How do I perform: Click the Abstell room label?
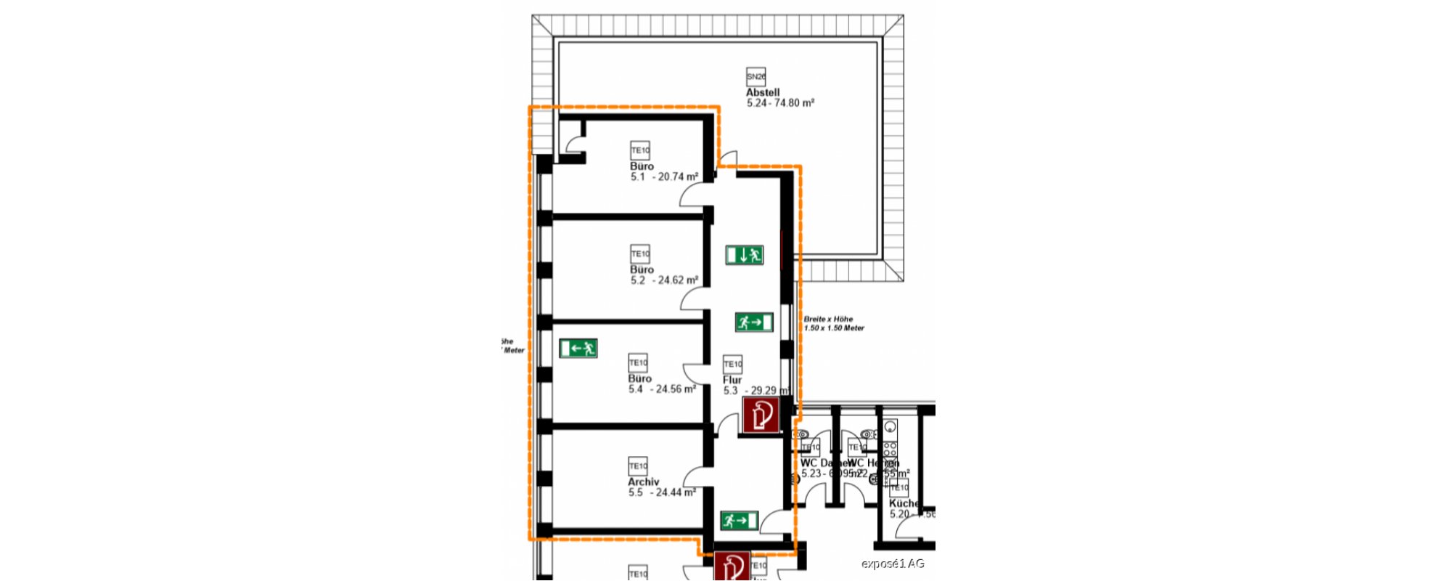point(763,93)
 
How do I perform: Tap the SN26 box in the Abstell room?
point(756,76)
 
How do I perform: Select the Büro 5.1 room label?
point(642,166)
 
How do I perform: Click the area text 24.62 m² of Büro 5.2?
point(678,280)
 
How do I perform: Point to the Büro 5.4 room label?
point(639,378)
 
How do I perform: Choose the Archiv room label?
point(643,482)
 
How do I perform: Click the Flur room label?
point(732,380)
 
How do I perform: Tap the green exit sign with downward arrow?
point(744,255)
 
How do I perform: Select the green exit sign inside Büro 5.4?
point(578,349)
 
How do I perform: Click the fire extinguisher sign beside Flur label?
point(760,416)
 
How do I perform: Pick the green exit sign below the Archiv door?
point(739,521)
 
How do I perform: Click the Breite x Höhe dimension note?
point(833,323)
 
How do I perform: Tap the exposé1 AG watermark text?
point(893,564)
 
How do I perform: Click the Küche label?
point(904,503)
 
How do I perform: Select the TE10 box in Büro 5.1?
point(639,150)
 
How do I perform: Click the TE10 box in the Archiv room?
point(637,466)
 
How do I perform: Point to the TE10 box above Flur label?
point(732,364)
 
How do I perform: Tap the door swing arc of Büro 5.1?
point(694,192)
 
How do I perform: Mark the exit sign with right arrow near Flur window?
point(754,322)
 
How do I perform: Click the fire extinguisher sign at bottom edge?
point(732,566)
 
